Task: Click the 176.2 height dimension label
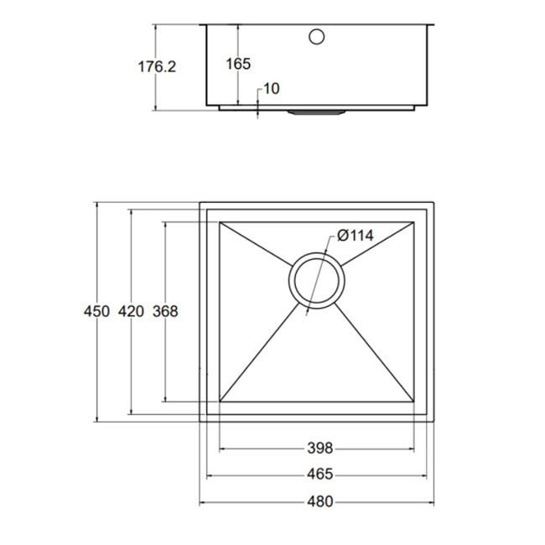coord(157,65)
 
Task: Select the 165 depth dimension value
coord(239,64)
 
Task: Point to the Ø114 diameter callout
coord(355,236)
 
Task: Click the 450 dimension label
coord(96,311)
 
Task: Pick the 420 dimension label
coord(131,311)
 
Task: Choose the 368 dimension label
coord(166,311)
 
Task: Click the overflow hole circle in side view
coord(317,37)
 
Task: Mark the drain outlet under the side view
coord(315,110)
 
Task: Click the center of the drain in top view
coord(316,282)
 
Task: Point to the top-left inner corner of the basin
coord(220,223)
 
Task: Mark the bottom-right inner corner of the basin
coord(414,401)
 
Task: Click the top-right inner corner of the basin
coord(414,223)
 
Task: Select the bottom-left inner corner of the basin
coord(220,401)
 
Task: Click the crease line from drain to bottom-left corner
coord(260,352)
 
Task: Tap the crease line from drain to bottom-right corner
coord(373,352)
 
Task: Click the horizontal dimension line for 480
coord(252,503)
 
